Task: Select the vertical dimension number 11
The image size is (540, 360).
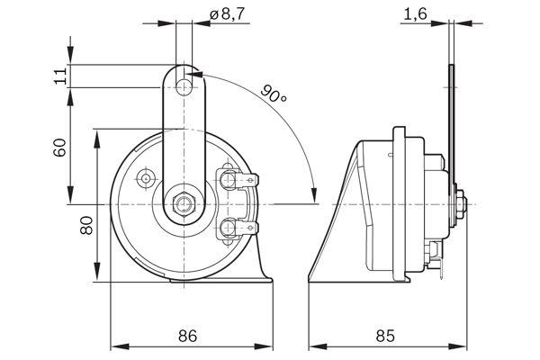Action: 60,76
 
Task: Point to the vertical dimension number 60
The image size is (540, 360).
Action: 60,146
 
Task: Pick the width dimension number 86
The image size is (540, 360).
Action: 188,337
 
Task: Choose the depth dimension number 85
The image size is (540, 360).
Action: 384,337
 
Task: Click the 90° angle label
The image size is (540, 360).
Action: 275,92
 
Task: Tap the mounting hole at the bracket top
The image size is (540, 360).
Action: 186,86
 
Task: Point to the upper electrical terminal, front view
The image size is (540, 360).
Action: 236,179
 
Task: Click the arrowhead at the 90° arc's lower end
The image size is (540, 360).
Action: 312,196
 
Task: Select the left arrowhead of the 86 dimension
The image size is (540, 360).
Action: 114,346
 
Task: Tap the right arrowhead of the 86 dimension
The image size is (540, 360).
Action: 269,346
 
